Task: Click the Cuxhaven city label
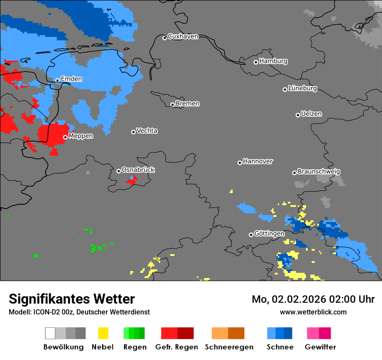(183, 36)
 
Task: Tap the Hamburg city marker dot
(256, 62)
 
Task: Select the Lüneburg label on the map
(303, 88)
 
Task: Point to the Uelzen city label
(311, 114)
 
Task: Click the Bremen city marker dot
(172, 105)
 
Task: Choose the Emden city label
(71, 79)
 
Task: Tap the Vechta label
(147, 131)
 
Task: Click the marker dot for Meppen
(65, 137)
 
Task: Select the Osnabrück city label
(138, 170)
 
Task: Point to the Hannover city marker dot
(240, 163)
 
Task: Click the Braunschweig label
(319, 172)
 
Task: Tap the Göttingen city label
(269, 234)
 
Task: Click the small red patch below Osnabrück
(132, 180)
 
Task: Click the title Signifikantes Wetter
(72, 299)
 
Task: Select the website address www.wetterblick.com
(313, 312)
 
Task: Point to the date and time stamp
(313, 299)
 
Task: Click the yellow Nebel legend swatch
(103, 333)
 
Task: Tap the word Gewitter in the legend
(320, 347)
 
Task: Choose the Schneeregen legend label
(229, 347)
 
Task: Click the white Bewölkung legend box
(50, 333)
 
